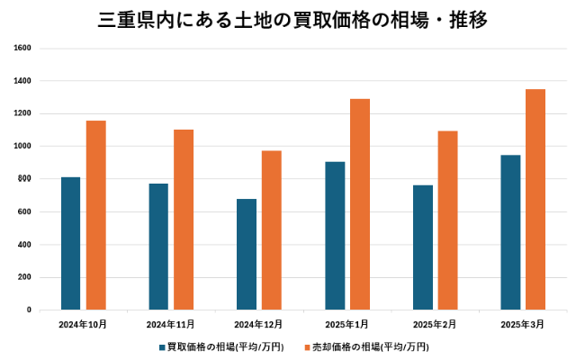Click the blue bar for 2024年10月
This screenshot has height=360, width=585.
71,243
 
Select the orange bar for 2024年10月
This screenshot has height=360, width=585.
96,215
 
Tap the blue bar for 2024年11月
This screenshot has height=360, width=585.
158,247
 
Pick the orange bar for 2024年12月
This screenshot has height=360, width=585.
272,230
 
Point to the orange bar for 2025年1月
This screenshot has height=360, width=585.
360,204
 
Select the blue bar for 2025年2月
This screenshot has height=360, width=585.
423,247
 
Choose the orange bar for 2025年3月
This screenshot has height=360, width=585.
535,199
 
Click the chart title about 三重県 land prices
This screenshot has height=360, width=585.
292,20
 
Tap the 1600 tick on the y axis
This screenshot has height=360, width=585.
22,48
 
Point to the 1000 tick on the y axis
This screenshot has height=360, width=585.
22,146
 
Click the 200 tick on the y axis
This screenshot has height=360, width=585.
24,277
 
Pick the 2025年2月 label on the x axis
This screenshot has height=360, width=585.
435,322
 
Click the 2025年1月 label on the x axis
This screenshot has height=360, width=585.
346,322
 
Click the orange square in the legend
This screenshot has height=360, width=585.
306,346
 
